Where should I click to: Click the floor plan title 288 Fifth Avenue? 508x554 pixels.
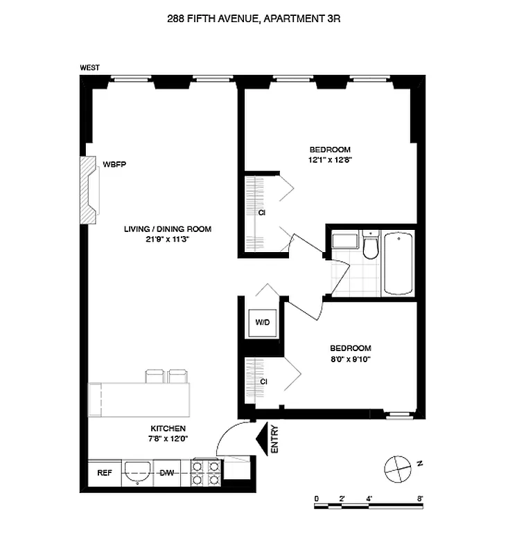[254, 19]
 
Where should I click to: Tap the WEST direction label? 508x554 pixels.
[89, 67]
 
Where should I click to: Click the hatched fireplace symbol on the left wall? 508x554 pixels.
[89, 190]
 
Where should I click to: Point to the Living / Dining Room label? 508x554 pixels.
[168, 229]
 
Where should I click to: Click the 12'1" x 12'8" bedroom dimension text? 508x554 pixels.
[329, 159]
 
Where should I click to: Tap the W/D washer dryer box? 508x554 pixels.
[263, 322]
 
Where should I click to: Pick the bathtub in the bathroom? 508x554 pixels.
[398, 263]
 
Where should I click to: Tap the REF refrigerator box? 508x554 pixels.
[105, 473]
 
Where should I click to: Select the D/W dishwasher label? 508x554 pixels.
[166, 473]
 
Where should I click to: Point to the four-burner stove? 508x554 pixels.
[206, 472]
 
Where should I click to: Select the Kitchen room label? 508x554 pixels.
[168, 429]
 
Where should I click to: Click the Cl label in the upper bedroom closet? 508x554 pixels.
[263, 213]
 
